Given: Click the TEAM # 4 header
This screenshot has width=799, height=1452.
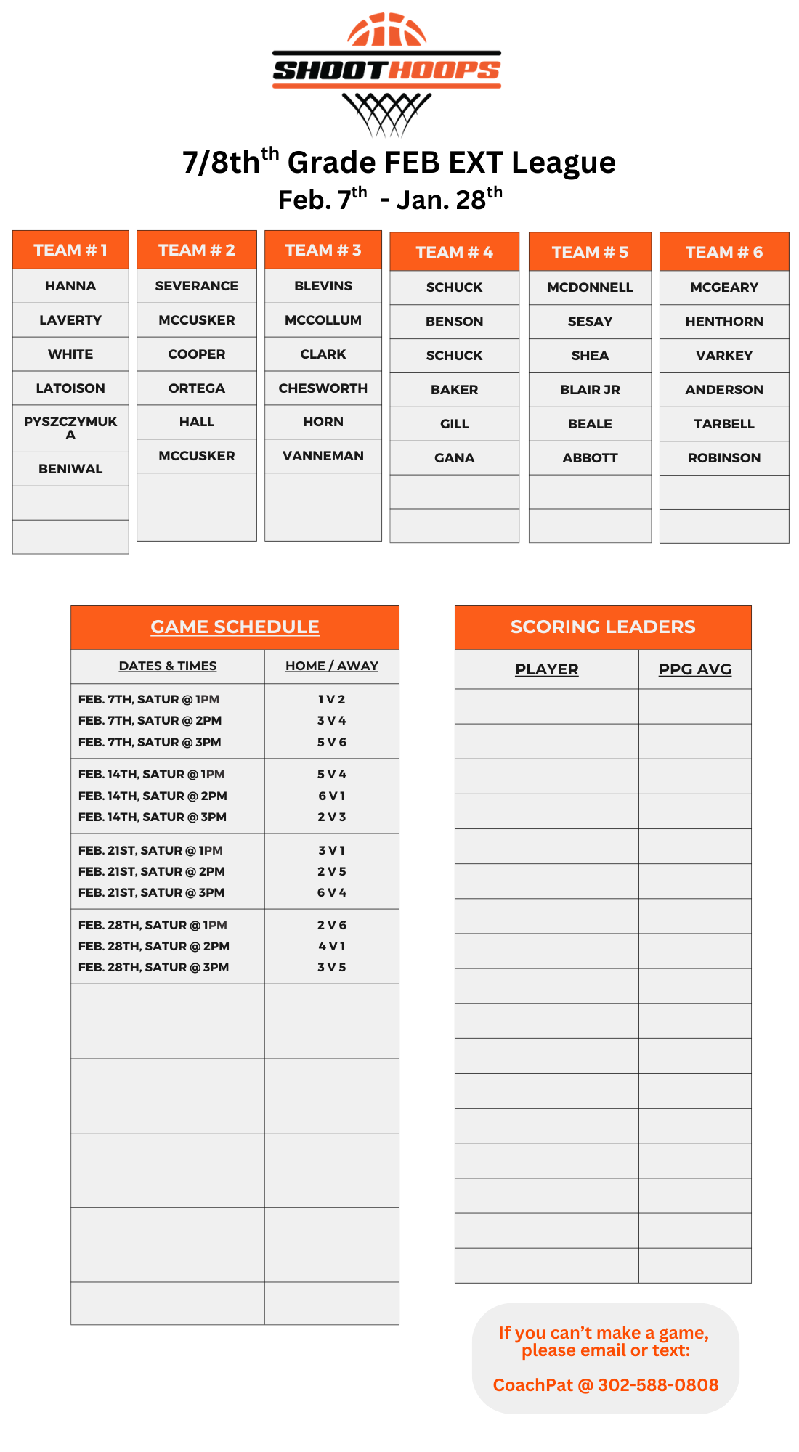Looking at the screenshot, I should coord(454,252).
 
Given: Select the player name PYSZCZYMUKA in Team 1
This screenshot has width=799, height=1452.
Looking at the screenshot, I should coord(70,428).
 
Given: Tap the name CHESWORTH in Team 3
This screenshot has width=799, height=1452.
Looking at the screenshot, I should coord(323,388).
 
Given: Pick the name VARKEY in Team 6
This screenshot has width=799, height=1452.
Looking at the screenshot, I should coord(724,356).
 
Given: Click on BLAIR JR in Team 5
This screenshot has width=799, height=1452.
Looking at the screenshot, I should coord(590,390).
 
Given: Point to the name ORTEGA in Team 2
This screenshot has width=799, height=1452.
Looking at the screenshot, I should coord(197,388).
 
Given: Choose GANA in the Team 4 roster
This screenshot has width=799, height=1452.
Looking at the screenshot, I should coord(454,458).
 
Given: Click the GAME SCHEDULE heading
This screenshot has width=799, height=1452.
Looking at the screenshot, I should coord(235,627).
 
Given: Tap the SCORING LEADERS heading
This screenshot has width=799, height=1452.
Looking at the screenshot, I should coord(603,627).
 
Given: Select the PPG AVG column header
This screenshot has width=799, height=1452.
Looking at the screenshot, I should coord(694,669).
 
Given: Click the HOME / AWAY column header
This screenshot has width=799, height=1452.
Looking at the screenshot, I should coord(332,666).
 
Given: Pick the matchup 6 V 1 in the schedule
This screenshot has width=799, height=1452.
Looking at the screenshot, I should coord(332,796).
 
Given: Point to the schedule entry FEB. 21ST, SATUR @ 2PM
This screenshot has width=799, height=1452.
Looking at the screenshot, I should coord(152,871).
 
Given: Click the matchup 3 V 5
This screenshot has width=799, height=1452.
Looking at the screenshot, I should coord(332,967).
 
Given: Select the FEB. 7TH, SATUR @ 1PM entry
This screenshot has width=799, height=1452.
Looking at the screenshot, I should coord(149,699).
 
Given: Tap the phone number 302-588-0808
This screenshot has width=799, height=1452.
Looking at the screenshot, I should coord(658,1385).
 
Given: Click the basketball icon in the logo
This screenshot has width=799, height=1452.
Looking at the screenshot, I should coord(386,30).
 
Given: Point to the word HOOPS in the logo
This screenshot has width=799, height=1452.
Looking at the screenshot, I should coord(443,70).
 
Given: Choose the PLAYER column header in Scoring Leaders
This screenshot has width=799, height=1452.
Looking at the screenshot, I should coord(546,669).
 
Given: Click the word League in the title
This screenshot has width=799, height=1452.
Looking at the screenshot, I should coord(563,163).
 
